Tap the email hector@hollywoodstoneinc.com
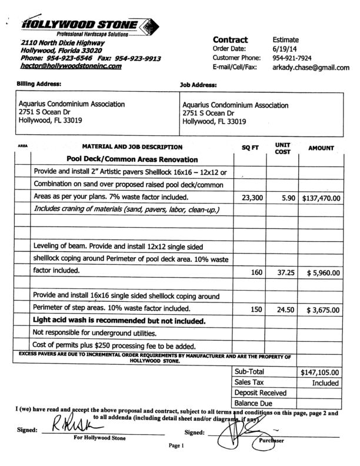[71, 66]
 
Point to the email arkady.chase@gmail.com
[311, 68]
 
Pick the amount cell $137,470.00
[321, 198]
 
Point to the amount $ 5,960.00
[322, 273]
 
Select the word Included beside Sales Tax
[325, 383]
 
